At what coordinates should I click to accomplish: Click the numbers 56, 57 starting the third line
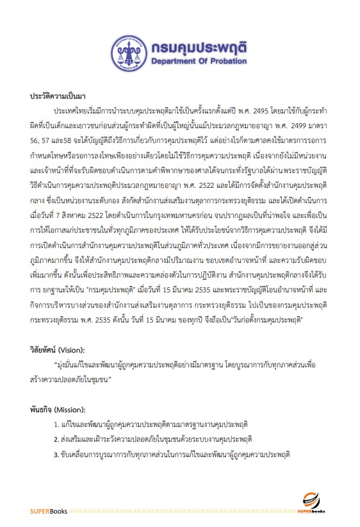click(40, 135)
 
